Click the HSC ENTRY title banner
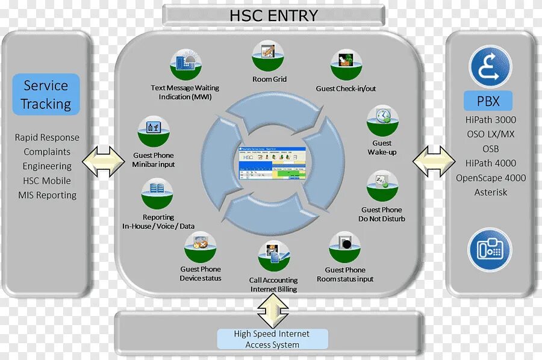[273, 16]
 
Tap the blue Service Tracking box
[46, 95]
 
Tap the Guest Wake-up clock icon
[382, 120]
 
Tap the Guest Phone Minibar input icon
[154, 132]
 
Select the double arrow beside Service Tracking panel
[103, 161]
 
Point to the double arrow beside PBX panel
[434, 161]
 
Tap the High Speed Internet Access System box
[272, 339]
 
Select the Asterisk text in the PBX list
[490, 193]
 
